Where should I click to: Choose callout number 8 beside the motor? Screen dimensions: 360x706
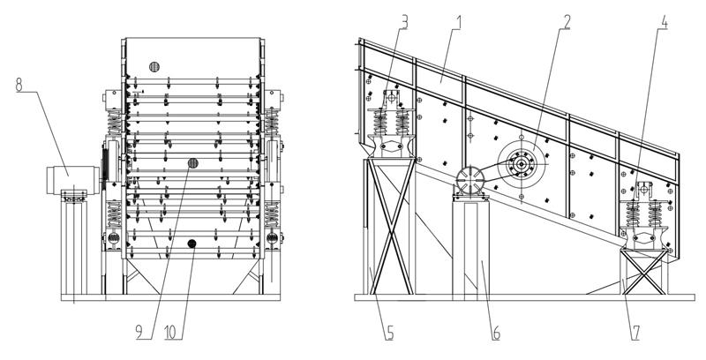(19, 86)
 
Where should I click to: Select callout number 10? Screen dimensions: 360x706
(169, 334)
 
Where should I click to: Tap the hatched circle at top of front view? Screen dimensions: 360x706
(154, 66)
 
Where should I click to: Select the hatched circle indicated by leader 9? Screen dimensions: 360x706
(192, 163)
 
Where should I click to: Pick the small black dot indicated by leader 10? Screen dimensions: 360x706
(192, 242)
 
